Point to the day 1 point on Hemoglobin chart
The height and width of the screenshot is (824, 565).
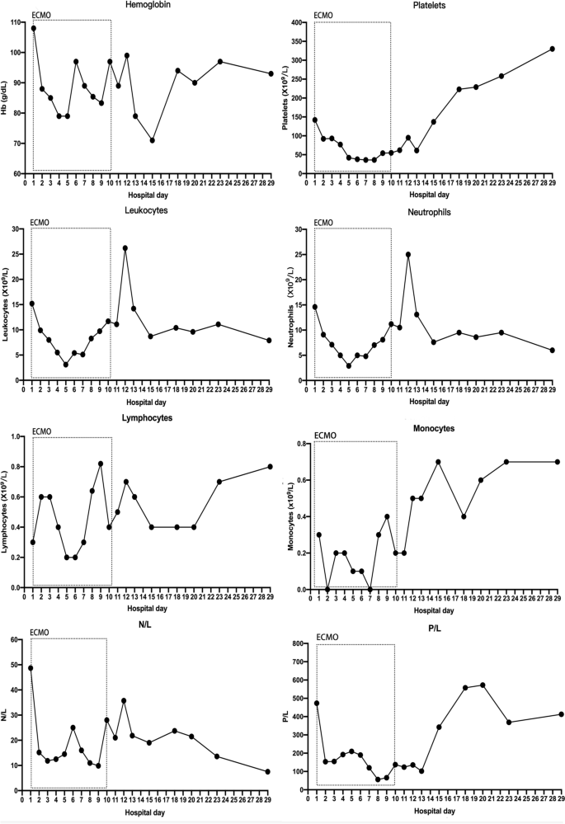(x=34, y=28)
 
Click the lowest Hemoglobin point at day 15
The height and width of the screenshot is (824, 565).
(x=153, y=140)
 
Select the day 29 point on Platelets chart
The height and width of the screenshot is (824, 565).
(x=552, y=49)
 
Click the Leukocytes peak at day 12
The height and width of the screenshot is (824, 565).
(x=125, y=248)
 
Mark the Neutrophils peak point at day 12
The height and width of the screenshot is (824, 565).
(x=408, y=254)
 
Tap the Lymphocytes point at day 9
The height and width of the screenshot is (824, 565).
(x=101, y=464)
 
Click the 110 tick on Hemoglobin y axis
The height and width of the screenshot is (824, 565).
(x=16, y=21)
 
